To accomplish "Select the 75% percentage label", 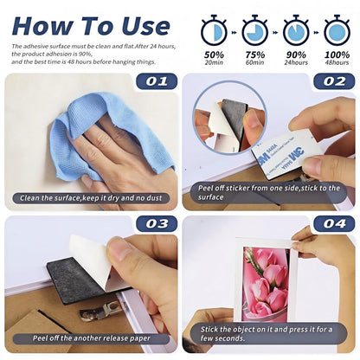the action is [255, 55].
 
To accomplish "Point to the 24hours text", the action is [296, 62].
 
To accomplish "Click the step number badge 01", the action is [157, 81].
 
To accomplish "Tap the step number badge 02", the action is [334, 81].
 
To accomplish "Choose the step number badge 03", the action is [157, 223].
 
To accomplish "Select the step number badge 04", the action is [334, 223].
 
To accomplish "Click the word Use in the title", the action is [145, 26].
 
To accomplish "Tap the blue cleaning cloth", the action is [111, 136].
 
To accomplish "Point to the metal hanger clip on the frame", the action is [101, 311].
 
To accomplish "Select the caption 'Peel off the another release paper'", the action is [92, 338].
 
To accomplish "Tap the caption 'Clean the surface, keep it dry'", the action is [91, 198].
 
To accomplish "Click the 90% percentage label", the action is [296, 55].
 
